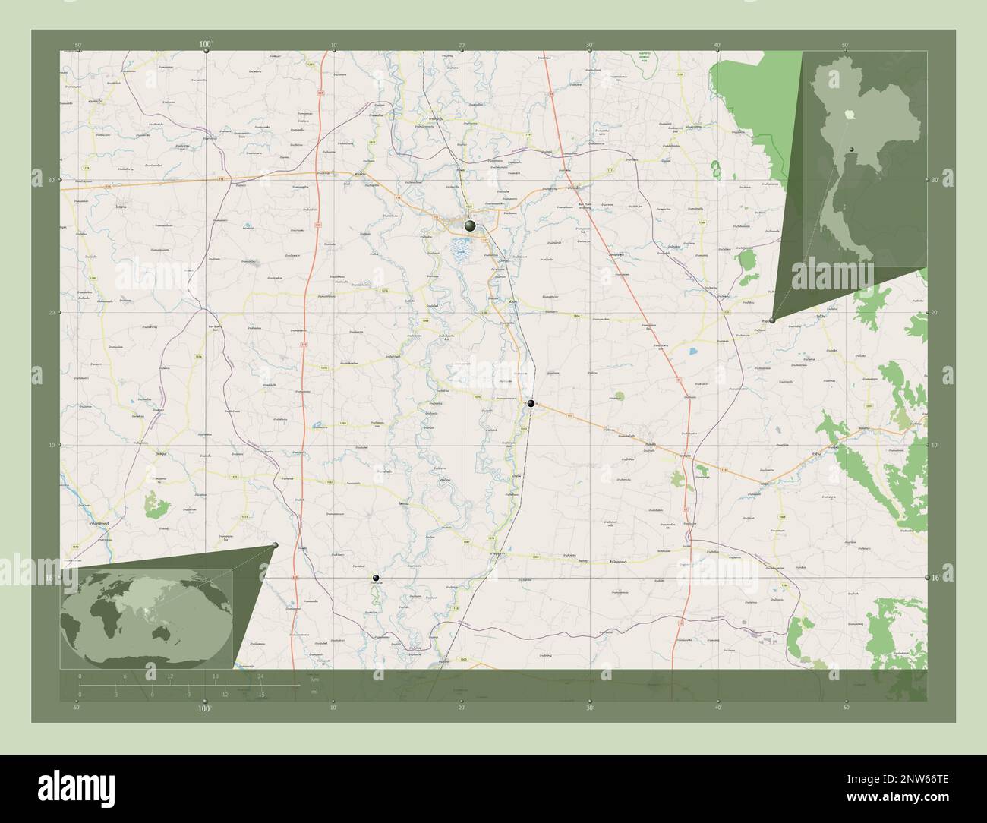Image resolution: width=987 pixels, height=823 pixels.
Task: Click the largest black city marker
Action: click(471, 225)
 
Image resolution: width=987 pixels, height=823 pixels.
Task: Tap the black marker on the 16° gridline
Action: click(375, 578)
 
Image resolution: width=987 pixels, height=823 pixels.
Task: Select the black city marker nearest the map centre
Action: click(531, 403)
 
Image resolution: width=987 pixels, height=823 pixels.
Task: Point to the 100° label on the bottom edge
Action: click(204, 708)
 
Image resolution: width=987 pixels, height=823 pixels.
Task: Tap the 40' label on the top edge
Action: click(717, 45)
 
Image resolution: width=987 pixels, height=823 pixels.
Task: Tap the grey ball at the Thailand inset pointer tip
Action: click(772, 320)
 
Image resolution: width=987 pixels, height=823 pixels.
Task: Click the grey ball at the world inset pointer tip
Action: click(276, 545)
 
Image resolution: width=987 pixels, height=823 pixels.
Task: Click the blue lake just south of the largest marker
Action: click(460, 246)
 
